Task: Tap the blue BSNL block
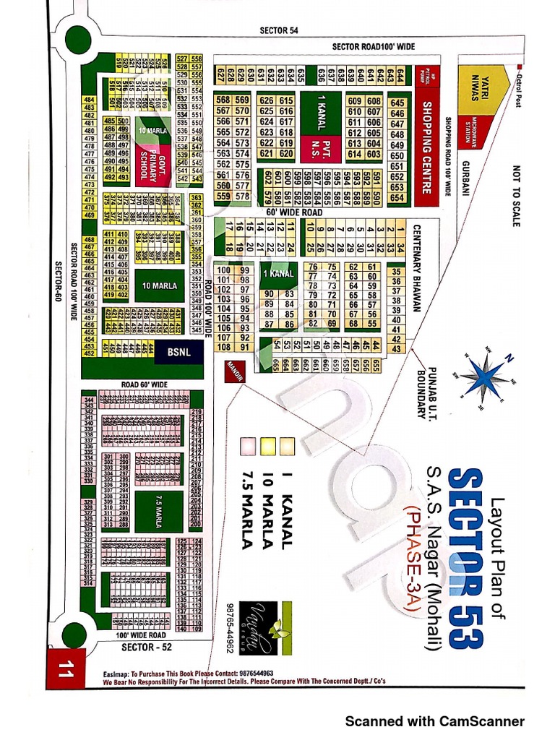point(178,353)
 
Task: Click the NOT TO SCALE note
point(516,195)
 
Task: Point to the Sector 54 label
point(279,30)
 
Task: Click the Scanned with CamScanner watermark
point(434,720)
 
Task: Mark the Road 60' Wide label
point(145,384)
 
